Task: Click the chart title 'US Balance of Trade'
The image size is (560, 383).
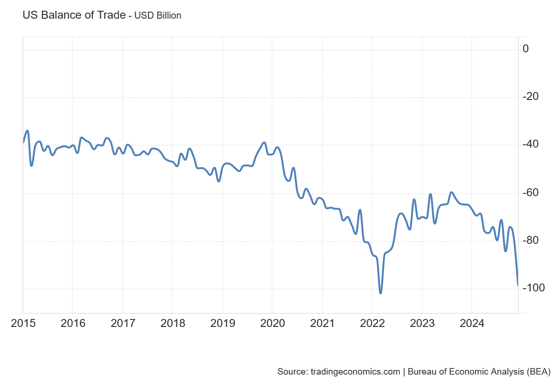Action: coord(74,15)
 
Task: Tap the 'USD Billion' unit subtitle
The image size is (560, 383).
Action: coord(158,15)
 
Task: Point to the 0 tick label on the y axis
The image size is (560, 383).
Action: coord(525,49)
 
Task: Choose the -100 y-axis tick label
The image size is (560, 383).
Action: coord(533,288)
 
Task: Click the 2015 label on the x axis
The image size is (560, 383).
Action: coord(23,323)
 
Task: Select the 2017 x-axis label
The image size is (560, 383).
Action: coord(122,323)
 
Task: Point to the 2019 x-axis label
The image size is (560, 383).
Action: coord(222,323)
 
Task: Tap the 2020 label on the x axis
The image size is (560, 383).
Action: coord(272,323)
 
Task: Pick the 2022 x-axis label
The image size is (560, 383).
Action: coord(372,323)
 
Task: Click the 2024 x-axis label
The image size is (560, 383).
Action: coord(472,323)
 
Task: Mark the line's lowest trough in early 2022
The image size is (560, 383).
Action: coord(381,293)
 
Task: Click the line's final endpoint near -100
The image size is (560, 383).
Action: coord(518,284)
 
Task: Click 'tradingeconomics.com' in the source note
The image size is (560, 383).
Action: coord(355,372)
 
